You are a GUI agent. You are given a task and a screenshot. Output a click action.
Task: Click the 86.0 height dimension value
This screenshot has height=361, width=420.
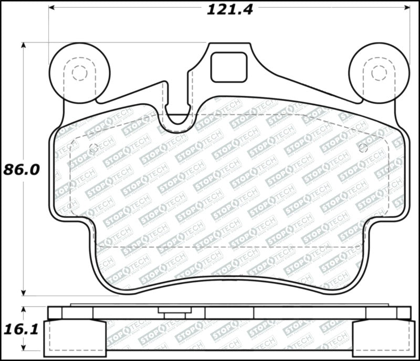(22, 170)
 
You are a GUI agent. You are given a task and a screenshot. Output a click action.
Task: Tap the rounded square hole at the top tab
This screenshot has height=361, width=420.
(229, 68)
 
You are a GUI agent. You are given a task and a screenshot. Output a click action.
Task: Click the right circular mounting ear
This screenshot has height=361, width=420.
(379, 72)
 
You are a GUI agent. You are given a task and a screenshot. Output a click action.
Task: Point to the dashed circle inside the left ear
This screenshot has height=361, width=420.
(79, 73)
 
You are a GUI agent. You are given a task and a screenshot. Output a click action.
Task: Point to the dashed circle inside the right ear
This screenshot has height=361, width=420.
(379, 73)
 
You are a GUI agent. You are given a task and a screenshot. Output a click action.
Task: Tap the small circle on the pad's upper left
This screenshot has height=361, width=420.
(94, 148)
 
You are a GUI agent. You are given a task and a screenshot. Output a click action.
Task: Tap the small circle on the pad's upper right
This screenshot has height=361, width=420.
(363, 148)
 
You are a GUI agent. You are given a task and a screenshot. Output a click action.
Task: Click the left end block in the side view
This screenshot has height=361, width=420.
(74, 338)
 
